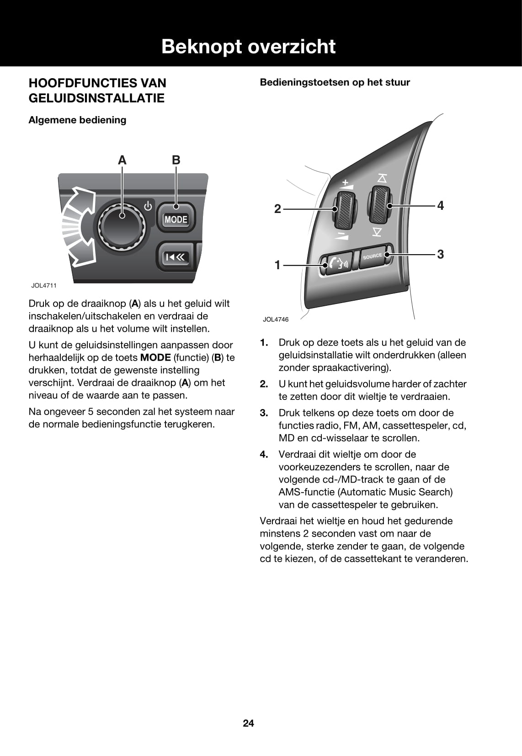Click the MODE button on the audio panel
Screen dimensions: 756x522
[x=176, y=219]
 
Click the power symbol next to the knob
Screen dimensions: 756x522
[x=148, y=206]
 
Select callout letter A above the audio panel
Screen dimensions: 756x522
[x=122, y=160]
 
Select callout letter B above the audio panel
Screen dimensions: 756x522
[x=176, y=160]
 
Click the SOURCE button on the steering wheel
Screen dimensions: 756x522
[x=373, y=256]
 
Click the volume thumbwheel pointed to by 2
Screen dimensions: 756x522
[x=345, y=210]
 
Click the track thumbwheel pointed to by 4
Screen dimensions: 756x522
[x=379, y=205]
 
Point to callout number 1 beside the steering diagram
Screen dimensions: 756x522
[x=277, y=265]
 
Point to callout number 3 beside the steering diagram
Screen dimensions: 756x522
[x=440, y=254]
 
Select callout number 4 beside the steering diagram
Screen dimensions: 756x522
[x=440, y=206]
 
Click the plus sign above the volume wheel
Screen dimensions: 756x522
[x=346, y=182]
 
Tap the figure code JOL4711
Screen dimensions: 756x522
[x=44, y=286]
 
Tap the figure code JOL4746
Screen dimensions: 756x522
[x=276, y=319]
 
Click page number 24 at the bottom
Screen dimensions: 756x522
[x=248, y=723]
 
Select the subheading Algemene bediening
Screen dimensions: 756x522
[x=77, y=120]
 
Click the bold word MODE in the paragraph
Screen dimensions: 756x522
[x=155, y=358]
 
